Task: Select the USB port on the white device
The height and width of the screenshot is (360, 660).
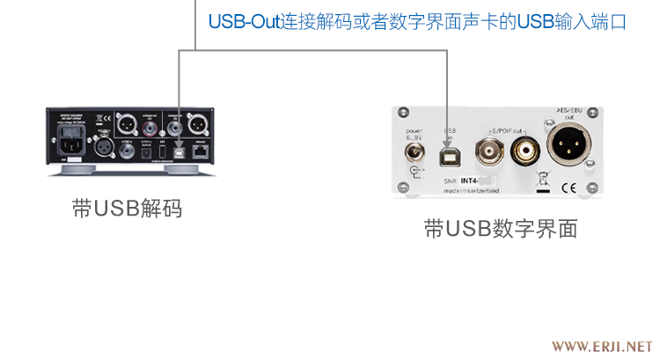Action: (450, 154)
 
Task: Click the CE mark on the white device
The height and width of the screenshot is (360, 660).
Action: (568, 187)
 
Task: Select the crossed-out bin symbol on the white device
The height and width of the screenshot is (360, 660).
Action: (542, 180)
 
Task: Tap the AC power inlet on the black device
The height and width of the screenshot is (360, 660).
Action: (74, 139)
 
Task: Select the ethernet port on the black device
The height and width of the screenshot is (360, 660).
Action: (202, 151)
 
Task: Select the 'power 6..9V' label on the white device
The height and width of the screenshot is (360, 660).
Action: (414, 133)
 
